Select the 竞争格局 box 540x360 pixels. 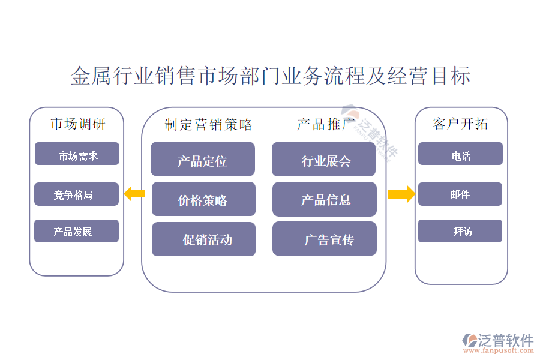[76, 194]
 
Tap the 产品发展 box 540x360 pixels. [76, 231]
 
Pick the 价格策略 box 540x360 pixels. [203, 199]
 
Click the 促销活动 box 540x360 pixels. [203, 239]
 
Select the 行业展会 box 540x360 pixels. [324, 159]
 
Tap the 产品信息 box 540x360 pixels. [324, 199]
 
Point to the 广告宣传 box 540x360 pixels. [324, 239]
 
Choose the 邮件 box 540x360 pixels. [460, 194]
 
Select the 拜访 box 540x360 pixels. [460, 231]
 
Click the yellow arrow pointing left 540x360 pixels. [134, 193]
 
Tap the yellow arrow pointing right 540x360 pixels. [401, 193]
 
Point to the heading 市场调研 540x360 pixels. [77, 124]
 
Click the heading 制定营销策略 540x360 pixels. [208, 125]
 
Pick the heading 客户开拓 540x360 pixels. [460, 124]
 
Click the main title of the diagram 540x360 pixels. [270, 76]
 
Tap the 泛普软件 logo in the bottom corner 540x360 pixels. [497, 341]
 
